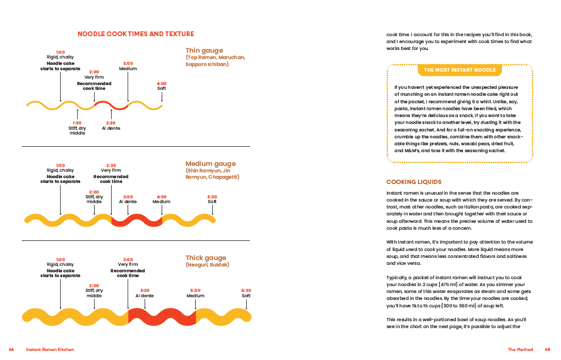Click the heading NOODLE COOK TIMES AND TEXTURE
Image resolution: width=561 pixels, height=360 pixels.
136,34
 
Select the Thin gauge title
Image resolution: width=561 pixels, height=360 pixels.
204,51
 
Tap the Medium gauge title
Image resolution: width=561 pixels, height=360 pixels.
210,164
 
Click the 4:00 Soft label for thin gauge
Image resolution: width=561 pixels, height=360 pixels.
162,86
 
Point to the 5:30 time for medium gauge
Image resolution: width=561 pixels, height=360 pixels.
212,197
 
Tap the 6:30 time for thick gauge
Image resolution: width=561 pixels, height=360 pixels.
246,290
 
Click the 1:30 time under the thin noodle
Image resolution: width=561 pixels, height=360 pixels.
77,123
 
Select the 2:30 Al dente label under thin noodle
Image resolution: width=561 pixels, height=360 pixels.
111,126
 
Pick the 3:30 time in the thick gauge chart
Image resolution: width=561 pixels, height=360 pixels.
145,290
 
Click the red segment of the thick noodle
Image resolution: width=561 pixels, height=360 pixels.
162,316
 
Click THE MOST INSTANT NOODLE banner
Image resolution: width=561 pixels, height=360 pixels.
460,70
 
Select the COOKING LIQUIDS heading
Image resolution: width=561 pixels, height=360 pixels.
414,182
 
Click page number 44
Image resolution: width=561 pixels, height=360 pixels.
11,349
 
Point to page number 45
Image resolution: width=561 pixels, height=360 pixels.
547,349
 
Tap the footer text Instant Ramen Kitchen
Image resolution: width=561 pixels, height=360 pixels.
50,349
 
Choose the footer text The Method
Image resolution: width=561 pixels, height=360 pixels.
520,349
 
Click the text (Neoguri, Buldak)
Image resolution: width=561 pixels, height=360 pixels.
207,265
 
